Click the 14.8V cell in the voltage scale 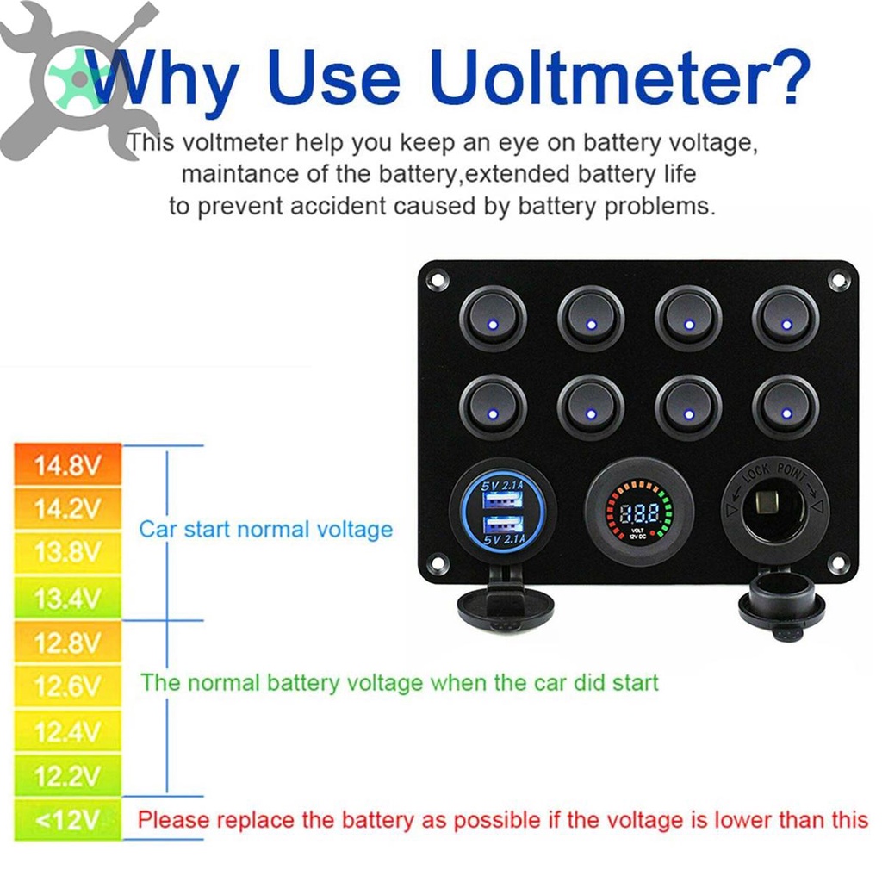coord(67,464)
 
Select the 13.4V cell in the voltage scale coord(67,598)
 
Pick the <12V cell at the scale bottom coord(67,820)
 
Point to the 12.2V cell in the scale coord(67,775)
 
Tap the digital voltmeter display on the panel coord(640,512)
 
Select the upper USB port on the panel coord(503,499)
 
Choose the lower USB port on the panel coord(503,525)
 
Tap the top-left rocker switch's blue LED coord(493,325)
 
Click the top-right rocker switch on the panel coord(786,318)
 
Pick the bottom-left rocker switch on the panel coord(493,407)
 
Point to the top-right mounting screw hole coord(838,280)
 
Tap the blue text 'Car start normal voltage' coord(265,530)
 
